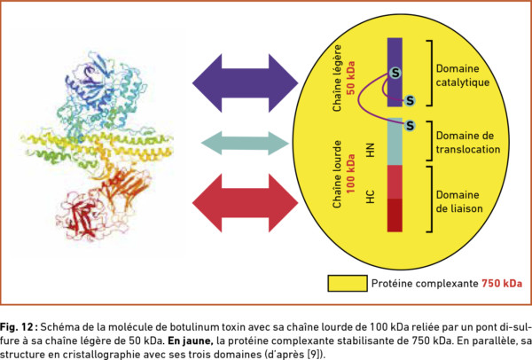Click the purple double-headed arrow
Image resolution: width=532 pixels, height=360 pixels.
[245, 82]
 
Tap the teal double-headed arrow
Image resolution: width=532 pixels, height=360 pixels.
[245, 143]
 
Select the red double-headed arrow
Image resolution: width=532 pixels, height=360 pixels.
[245, 203]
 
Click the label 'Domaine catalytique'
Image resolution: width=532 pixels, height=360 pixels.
[463, 75]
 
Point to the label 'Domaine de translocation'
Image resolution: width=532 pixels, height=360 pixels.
[468, 143]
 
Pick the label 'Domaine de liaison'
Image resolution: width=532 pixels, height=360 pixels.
[459, 201]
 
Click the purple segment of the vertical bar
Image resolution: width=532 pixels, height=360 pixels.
[395, 73]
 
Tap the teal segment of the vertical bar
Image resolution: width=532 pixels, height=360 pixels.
[395, 142]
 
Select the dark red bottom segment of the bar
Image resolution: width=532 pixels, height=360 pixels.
[395, 215]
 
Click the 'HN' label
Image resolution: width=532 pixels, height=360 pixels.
[371, 150]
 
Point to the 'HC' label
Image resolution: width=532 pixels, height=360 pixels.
[371, 197]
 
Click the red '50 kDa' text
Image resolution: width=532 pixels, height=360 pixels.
[350, 78]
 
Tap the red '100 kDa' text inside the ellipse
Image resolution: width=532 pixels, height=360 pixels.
[350, 174]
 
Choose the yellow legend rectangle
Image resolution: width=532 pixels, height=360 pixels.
[348, 284]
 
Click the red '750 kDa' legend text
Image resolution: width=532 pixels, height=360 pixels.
[502, 284]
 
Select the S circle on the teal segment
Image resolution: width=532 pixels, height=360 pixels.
[410, 126]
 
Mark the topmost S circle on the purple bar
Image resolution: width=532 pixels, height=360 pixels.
[395, 73]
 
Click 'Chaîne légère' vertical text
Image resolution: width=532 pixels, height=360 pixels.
[337, 78]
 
